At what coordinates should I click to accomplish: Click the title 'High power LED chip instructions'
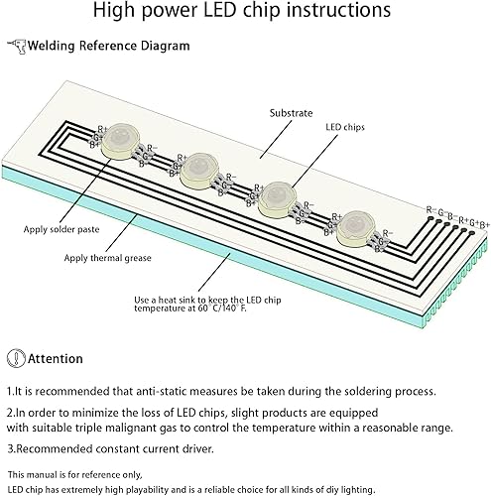coord(245,13)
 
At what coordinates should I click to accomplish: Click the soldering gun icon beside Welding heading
coord(16,46)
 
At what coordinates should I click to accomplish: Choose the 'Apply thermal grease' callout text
coord(108,258)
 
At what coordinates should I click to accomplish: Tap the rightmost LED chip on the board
coord(353,231)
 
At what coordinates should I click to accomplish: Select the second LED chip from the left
coord(198,171)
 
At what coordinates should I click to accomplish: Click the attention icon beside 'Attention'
coord(15,358)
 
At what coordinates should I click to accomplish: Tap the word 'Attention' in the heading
coord(56,358)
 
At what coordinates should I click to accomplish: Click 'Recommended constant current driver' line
coord(110,446)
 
